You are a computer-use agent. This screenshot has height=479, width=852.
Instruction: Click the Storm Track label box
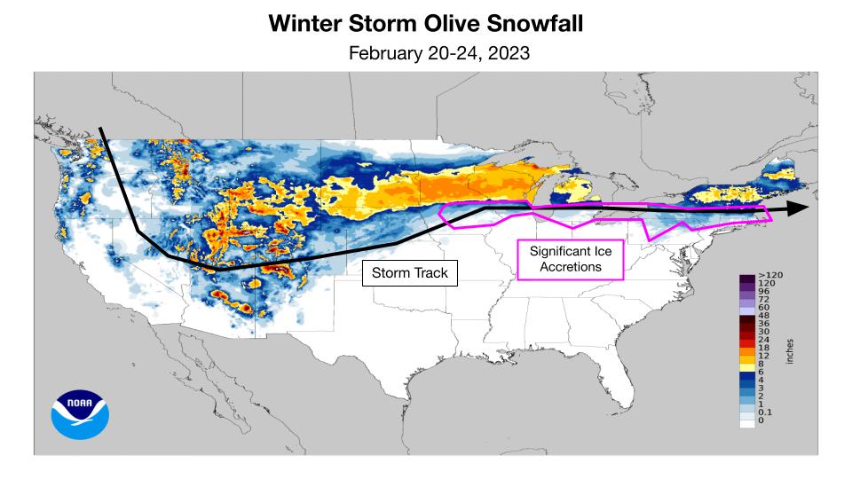tap(409, 272)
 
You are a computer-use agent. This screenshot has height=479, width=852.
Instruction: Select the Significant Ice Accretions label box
tap(570, 259)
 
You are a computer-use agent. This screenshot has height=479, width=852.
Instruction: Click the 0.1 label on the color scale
tap(767, 413)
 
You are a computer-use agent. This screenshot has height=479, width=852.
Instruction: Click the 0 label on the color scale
tap(762, 421)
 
